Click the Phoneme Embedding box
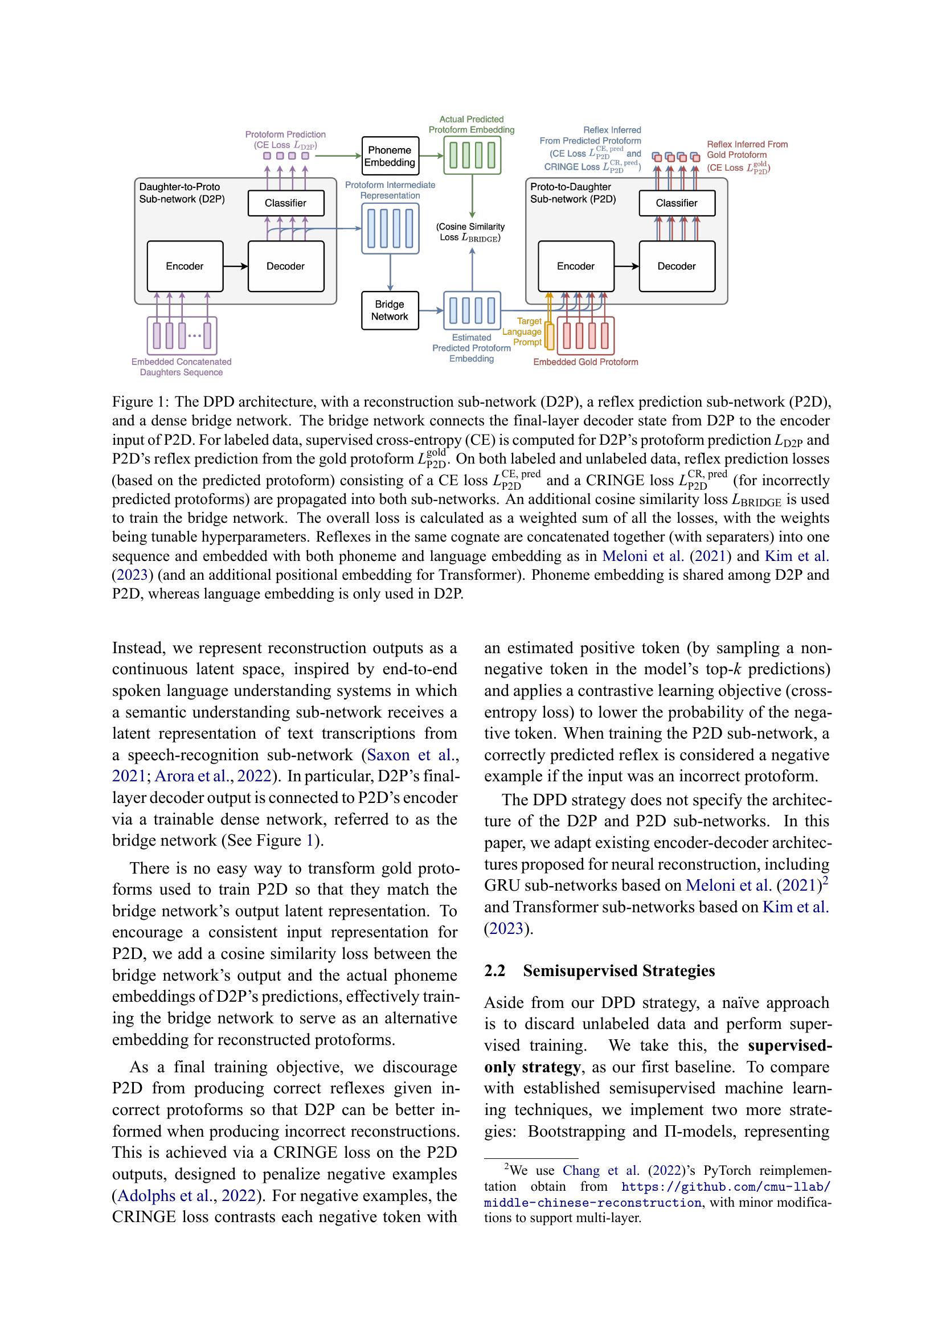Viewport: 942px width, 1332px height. coord(389,156)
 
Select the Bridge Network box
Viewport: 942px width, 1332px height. coord(389,310)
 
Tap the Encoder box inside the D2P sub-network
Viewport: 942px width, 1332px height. coord(185,267)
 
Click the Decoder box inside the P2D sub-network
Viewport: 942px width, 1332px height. coord(677,267)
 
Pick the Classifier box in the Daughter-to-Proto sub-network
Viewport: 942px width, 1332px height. coord(285,203)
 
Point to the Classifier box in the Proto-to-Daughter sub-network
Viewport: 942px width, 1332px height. coord(677,203)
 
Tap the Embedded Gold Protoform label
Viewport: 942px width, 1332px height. coord(585,362)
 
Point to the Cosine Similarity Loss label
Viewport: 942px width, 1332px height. coord(470,232)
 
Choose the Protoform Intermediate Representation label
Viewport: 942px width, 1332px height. coord(390,190)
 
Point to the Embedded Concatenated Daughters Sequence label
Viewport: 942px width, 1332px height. coord(181,367)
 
